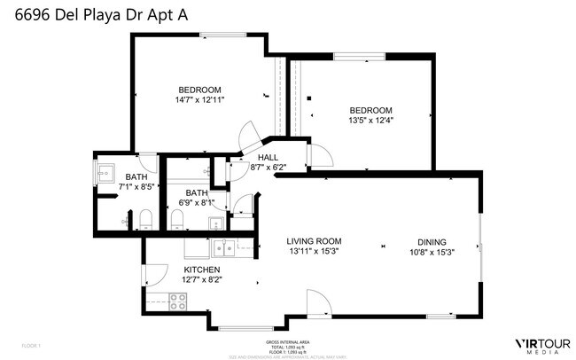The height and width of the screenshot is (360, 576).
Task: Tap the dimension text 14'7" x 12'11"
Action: point(199,100)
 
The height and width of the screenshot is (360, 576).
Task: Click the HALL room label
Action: point(268,157)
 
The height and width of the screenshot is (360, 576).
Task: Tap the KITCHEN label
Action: point(202,270)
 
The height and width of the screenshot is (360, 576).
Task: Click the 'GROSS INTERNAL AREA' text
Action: point(287,340)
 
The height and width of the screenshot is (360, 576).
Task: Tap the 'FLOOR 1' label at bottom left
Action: point(31,345)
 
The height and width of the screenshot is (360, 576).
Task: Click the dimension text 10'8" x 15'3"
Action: point(432,251)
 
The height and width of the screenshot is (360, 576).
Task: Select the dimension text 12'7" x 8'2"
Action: point(202,279)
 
